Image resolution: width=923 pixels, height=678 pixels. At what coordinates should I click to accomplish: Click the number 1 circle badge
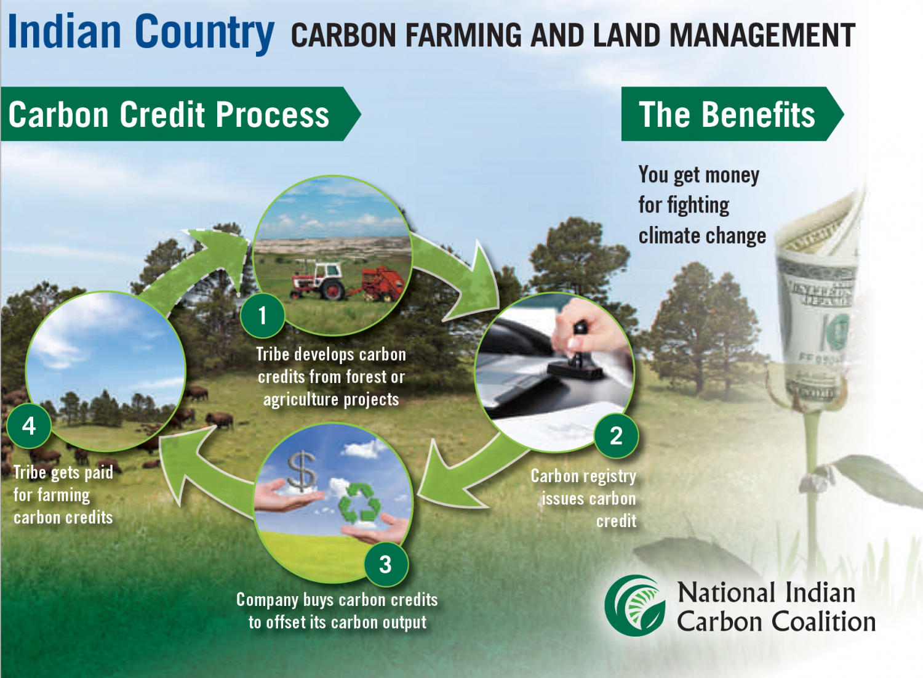263,316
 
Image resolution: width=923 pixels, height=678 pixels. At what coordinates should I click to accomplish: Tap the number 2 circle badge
616,436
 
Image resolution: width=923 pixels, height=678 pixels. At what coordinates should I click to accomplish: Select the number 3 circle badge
385,564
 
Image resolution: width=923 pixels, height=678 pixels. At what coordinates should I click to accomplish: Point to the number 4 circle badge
29,426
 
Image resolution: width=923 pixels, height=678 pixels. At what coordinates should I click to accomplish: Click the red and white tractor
319,281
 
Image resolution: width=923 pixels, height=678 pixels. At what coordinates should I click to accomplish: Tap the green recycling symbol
361,503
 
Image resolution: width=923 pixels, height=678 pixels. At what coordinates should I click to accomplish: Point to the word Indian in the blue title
65,32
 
